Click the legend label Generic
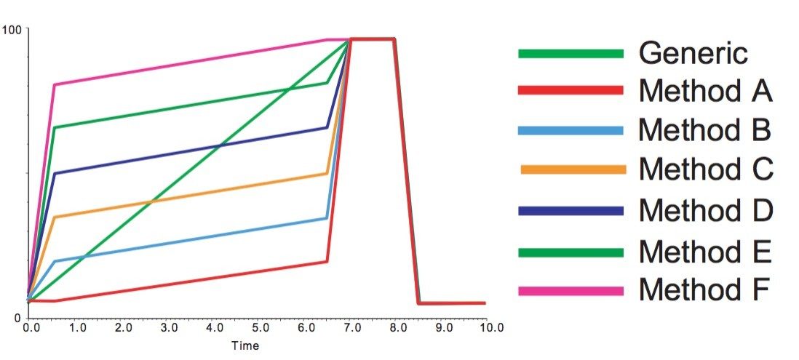(x=693, y=53)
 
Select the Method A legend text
(x=705, y=92)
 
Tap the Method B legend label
(x=704, y=131)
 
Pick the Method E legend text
(x=704, y=252)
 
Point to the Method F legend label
(x=704, y=290)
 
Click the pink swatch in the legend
(x=571, y=291)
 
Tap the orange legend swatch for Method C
(x=574, y=169)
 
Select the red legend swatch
(x=571, y=90)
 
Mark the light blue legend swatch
(x=571, y=131)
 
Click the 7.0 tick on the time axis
(x=351, y=329)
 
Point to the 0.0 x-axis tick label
(x=31, y=329)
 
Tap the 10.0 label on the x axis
(x=490, y=329)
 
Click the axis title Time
(x=245, y=346)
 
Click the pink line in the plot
(x=189, y=63)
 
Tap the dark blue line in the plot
(x=189, y=151)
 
